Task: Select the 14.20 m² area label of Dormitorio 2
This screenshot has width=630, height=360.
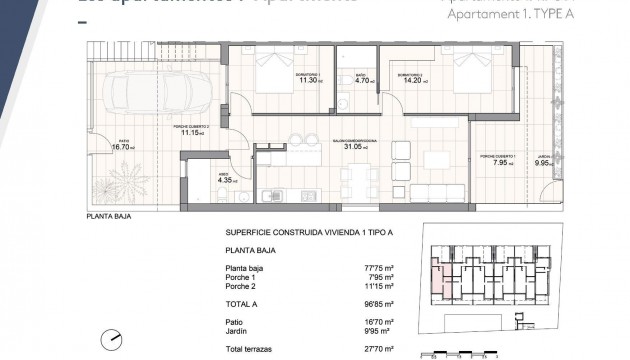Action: pos(410,82)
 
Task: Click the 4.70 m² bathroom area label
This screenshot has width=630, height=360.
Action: pos(362,82)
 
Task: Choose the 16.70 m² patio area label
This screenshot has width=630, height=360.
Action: pos(122,147)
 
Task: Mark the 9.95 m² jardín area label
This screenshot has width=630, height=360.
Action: pos(544,163)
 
